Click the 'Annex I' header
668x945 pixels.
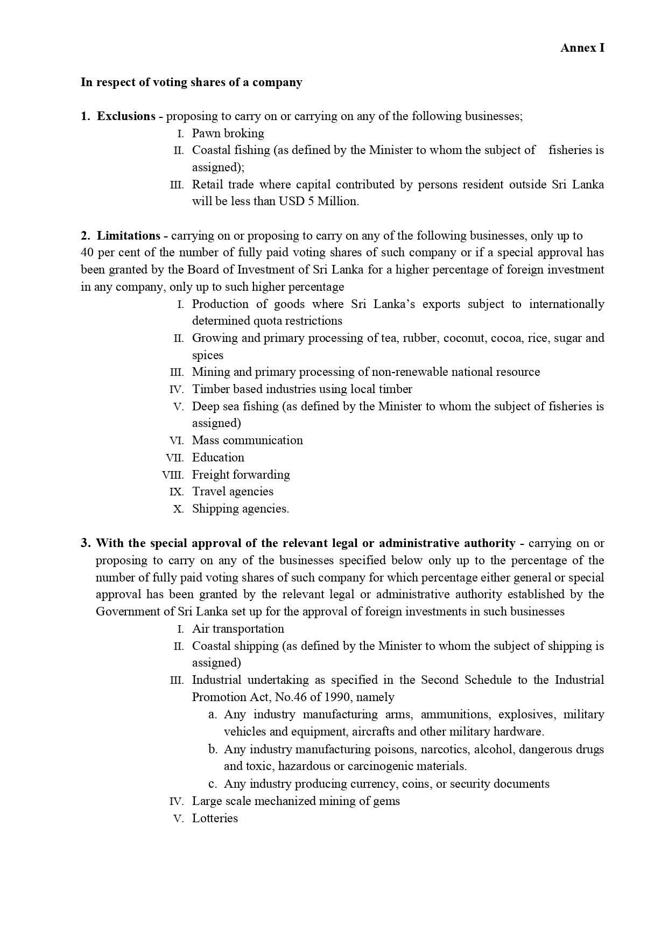pyautogui.click(x=582, y=48)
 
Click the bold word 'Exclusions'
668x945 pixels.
pyautogui.click(x=126, y=116)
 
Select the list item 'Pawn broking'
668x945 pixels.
pyautogui.click(x=228, y=134)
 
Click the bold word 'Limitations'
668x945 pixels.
pyautogui.click(x=128, y=236)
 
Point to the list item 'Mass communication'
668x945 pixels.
pyautogui.click(x=247, y=440)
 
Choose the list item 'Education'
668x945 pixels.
pyautogui.click(x=218, y=458)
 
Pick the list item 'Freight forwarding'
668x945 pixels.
pyautogui.click(x=241, y=475)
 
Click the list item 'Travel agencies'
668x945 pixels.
pyautogui.click(x=233, y=492)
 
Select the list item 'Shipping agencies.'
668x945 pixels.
pyautogui.click(x=240, y=509)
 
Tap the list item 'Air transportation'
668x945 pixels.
pyautogui.click(x=238, y=629)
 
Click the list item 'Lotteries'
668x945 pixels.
pyautogui.click(x=215, y=818)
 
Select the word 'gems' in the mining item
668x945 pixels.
pyautogui.click(x=386, y=801)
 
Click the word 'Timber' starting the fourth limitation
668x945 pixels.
pyautogui.click(x=208, y=389)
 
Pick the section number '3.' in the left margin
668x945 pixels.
pyautogui.click(x=86, y=543)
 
